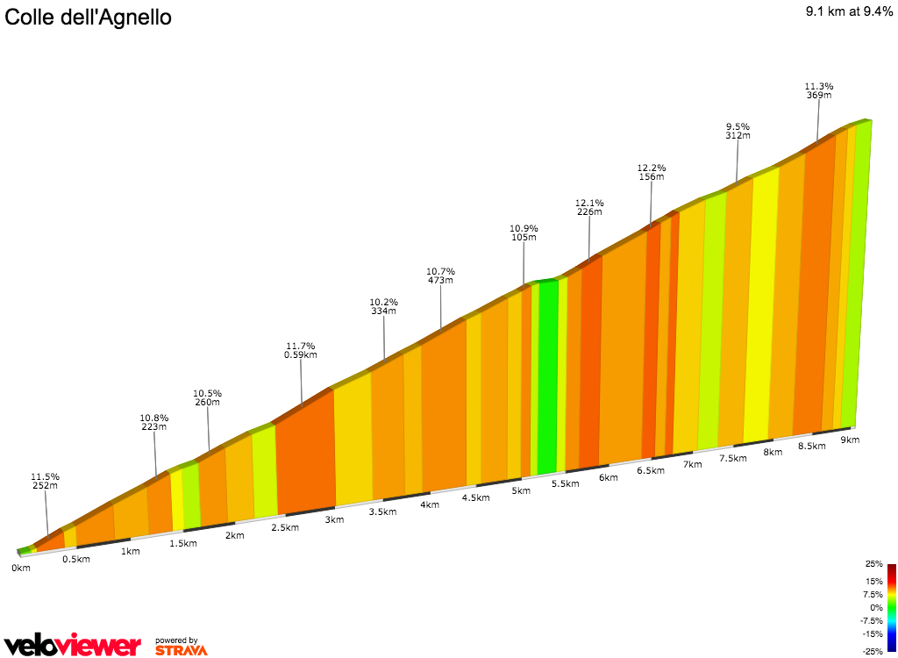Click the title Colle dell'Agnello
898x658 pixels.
tap(89, 17)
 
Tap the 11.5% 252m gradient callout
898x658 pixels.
tap(44, 481)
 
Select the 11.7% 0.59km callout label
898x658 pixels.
tap(300, 350)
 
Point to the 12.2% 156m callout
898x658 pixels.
tap(651, 172)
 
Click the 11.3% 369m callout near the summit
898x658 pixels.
tap(819, 90)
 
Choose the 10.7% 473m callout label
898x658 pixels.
tap(440, 275)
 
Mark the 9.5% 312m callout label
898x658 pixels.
tap(738, 131)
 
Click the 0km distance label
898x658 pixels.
tap(21, 568)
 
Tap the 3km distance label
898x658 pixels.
tap(333, 519)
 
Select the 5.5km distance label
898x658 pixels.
tap(565, 483)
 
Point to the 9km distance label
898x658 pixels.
tap(849, 439)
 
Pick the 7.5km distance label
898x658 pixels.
tap(732, 458)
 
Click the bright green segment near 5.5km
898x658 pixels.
tap(548, 377)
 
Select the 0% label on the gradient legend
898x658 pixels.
tap(876, 607)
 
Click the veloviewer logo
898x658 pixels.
tap(72, 645)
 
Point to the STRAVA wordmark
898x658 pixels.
tap(181, 650)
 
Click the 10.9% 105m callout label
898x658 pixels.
tap(523, 232)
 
